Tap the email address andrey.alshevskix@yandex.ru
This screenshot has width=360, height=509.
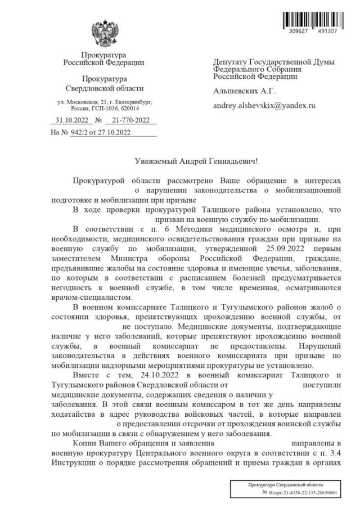[x=264, y=105]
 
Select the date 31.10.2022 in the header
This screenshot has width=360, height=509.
[x=70, y=120]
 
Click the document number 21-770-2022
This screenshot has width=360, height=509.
[x=130, y=120]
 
